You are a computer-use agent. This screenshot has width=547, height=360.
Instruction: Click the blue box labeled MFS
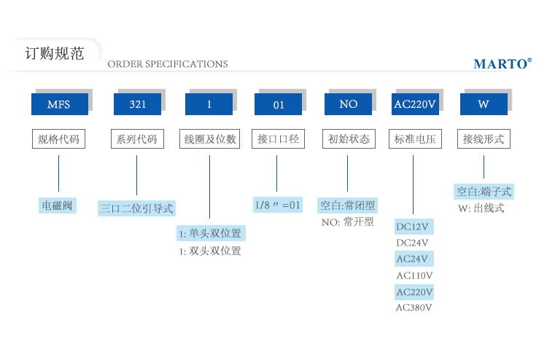58,104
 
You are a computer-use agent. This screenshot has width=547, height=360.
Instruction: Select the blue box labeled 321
137,104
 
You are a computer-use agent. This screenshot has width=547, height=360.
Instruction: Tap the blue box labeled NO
348,104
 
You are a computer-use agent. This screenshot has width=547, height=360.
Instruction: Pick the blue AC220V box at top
414,104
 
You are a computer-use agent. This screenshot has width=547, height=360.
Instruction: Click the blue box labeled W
483,104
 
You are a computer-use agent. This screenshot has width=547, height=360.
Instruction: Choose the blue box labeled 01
278,104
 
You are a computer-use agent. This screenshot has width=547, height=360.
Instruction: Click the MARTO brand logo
503,64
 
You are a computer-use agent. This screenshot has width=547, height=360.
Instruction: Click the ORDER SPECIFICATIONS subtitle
168,64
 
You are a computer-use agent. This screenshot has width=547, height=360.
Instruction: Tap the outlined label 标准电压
414,138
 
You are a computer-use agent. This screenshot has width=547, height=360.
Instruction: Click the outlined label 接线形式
483,138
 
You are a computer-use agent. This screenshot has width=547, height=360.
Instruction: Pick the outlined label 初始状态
348,138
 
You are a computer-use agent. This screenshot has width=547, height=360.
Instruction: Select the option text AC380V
414,308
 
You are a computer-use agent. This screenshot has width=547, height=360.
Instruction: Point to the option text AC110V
414,275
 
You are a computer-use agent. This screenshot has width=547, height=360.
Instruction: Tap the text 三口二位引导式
136,208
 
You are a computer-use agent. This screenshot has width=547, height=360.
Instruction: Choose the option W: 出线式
481,208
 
